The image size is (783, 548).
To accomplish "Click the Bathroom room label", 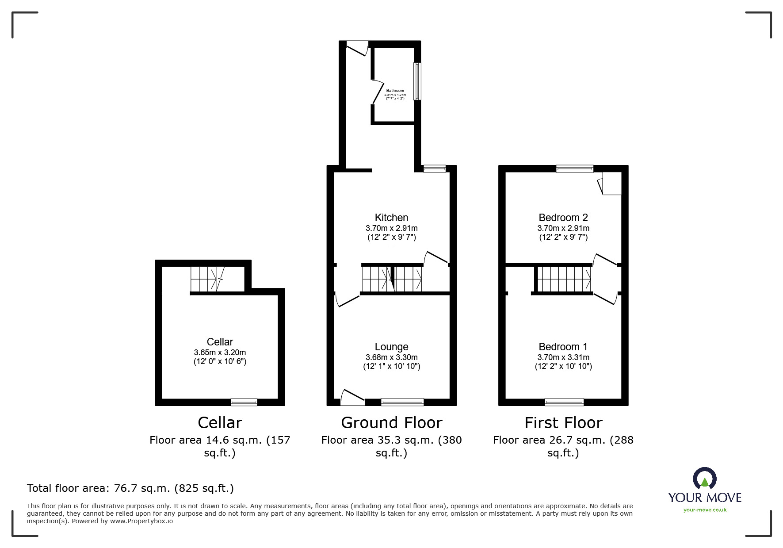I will (x=395, y=91).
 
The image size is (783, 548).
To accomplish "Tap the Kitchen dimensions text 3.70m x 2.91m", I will (x=391, y=228).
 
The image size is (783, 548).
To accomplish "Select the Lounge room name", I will (x=391, y=347).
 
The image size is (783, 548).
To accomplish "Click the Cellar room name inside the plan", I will (x=220, y=342).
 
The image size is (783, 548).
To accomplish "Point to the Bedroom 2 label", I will (x=563, y=218).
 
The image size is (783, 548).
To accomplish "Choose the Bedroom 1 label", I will (x=563, y=347).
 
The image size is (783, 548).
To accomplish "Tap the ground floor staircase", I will (x=392, y=279).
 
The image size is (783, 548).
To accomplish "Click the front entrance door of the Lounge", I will (x=353, y=397).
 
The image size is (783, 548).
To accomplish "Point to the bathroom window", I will (x=417, y=81).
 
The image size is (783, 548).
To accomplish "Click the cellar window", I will (x=244, y=402).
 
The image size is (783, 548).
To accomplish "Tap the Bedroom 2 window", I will (x=575, y=169).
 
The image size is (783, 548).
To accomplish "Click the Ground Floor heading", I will (x=391, y=423).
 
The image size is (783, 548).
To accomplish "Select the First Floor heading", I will (x=563, y=423).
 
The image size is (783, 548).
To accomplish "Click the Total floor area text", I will (x=130, y=488).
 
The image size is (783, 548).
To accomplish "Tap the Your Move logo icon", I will (x=704, y=479).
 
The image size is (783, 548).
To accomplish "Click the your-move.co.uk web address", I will (x=705, y=510).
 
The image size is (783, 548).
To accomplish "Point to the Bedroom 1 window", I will (x=564, y=402).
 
